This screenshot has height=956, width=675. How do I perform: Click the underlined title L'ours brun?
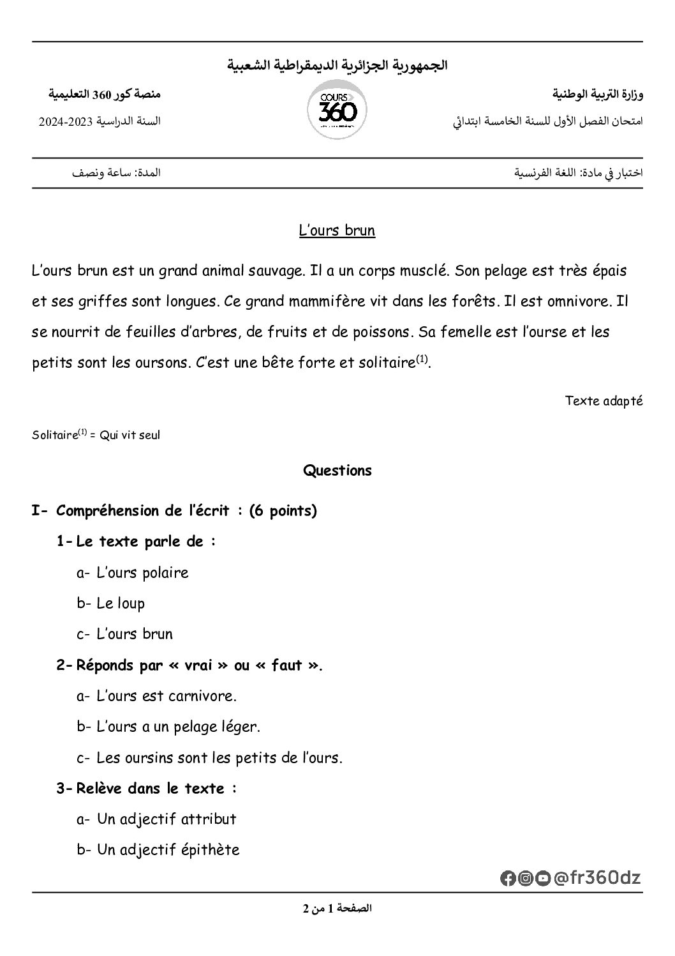337,231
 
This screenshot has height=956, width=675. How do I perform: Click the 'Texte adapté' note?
604,401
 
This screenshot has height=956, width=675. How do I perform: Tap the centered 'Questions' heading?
337,471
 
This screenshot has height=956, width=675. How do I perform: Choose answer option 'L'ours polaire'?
142,573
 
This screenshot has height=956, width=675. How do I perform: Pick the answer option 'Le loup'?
121,603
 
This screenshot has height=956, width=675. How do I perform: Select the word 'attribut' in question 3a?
209,819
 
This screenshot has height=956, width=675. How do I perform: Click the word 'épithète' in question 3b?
210,850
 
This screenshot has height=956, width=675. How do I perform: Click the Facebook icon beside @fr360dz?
508,879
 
